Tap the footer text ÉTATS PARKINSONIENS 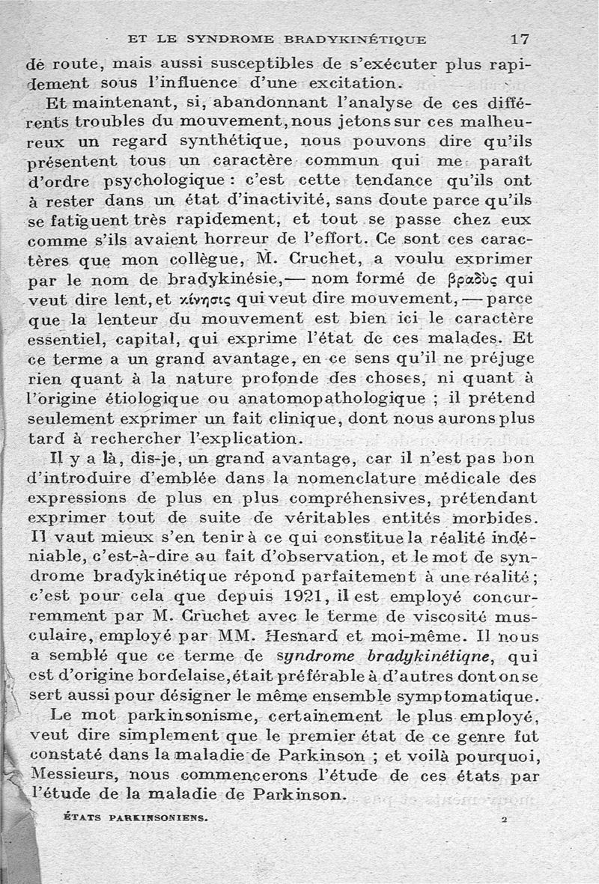pyautogui.click(x=134, y=818)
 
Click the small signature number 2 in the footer pyautogui.click(x=505, y=819)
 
